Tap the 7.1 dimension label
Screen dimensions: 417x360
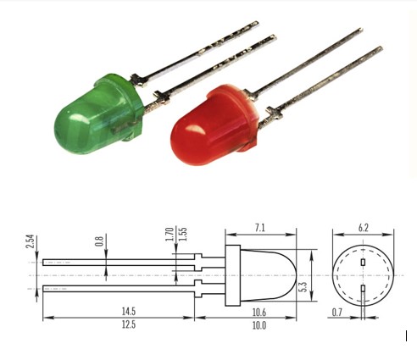[260, 228]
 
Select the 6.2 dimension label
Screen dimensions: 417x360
[364, 228]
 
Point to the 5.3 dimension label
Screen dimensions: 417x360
[303, 287]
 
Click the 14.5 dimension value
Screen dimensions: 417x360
[129, 311]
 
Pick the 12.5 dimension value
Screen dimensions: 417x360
[129, 324]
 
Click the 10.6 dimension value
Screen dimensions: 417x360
[259, 313]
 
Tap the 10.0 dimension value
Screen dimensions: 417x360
[259, 325]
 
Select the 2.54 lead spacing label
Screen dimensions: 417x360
[30, 241]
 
